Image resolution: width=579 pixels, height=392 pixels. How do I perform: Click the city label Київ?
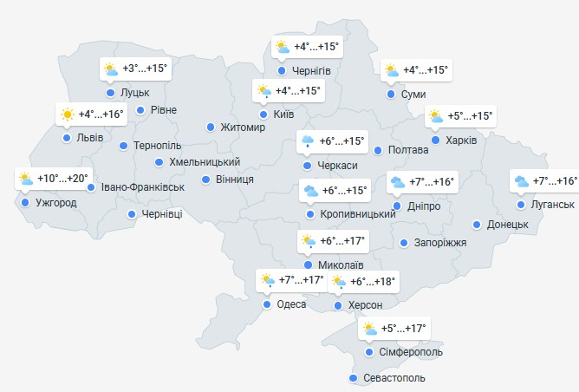(283, 114)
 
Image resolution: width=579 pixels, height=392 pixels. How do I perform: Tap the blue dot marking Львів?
(67, 137)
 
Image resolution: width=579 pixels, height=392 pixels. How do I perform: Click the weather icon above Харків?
(434, 116)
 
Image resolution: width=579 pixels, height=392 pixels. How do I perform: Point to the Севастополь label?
(395, 379)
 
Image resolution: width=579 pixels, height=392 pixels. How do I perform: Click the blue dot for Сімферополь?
(370, 352)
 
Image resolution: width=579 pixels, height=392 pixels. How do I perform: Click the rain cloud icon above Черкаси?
(307, 141)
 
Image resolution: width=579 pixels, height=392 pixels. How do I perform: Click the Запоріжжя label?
(440, 243)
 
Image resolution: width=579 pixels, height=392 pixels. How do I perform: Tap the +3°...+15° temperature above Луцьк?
(145, 69)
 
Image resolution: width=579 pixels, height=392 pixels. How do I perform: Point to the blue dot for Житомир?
(210, 127)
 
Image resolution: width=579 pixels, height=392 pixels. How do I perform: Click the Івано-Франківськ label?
(143, 186)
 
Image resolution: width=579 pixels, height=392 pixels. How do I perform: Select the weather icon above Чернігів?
(282, 48)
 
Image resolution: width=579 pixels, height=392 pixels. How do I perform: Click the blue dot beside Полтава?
(378, 150)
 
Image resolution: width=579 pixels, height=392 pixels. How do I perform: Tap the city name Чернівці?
(162, 214)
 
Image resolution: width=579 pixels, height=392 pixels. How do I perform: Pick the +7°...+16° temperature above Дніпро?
(432, 182)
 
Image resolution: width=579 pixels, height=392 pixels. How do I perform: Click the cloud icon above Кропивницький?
(309, 191)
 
